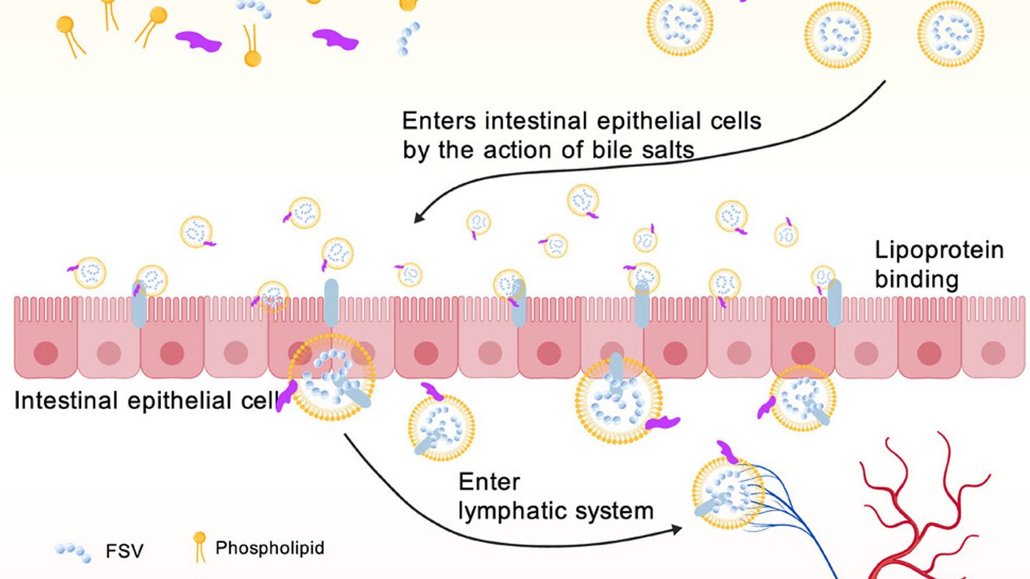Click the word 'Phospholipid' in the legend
pos(269,548)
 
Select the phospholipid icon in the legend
pos(199,546)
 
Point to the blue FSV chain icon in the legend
pos(74,553)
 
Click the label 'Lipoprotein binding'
pos(939,264)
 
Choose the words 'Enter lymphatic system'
pos(555,496)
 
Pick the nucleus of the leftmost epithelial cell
pos(46,352)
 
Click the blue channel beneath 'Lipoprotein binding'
pos(834,302)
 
